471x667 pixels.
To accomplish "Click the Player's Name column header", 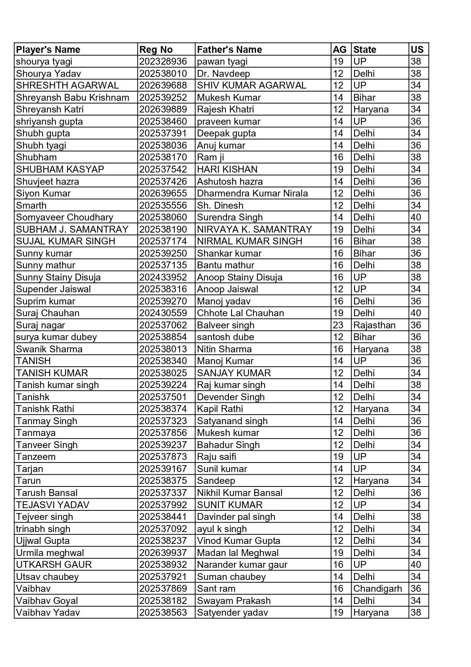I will [x=48, y=50].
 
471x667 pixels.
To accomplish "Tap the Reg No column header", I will [x=156, y=50].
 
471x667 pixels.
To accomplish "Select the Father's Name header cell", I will [x=229, y=50].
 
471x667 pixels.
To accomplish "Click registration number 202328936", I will [x=163, y=62].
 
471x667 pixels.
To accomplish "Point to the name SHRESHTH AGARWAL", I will [x=67, y=86].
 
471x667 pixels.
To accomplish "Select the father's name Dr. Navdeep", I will [x=223, y=74].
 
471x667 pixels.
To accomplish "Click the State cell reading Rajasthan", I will [x=374, y=325].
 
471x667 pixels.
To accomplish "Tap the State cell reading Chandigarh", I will [x=377, y=589].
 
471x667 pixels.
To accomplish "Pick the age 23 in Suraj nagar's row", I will [x=338, y=325].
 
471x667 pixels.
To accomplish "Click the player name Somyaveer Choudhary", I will [x=65, y=217].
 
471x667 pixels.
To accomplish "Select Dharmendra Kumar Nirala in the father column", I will [x=252, y=193].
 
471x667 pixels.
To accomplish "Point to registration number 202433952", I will [x=163, y=277].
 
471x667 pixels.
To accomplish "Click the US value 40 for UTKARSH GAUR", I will [x=416, y=565].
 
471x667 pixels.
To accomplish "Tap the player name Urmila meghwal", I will [x=50, y=553].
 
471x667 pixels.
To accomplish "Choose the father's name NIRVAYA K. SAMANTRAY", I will [x=254, y=230].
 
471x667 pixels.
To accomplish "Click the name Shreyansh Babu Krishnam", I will [x=72, y=98].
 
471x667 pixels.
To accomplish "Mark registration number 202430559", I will [x=163, y=313].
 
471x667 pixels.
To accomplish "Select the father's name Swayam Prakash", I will [x=234, y=601].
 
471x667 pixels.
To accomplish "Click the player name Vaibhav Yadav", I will [x=48, y=613].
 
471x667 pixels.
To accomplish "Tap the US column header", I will [x=417, y=50].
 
